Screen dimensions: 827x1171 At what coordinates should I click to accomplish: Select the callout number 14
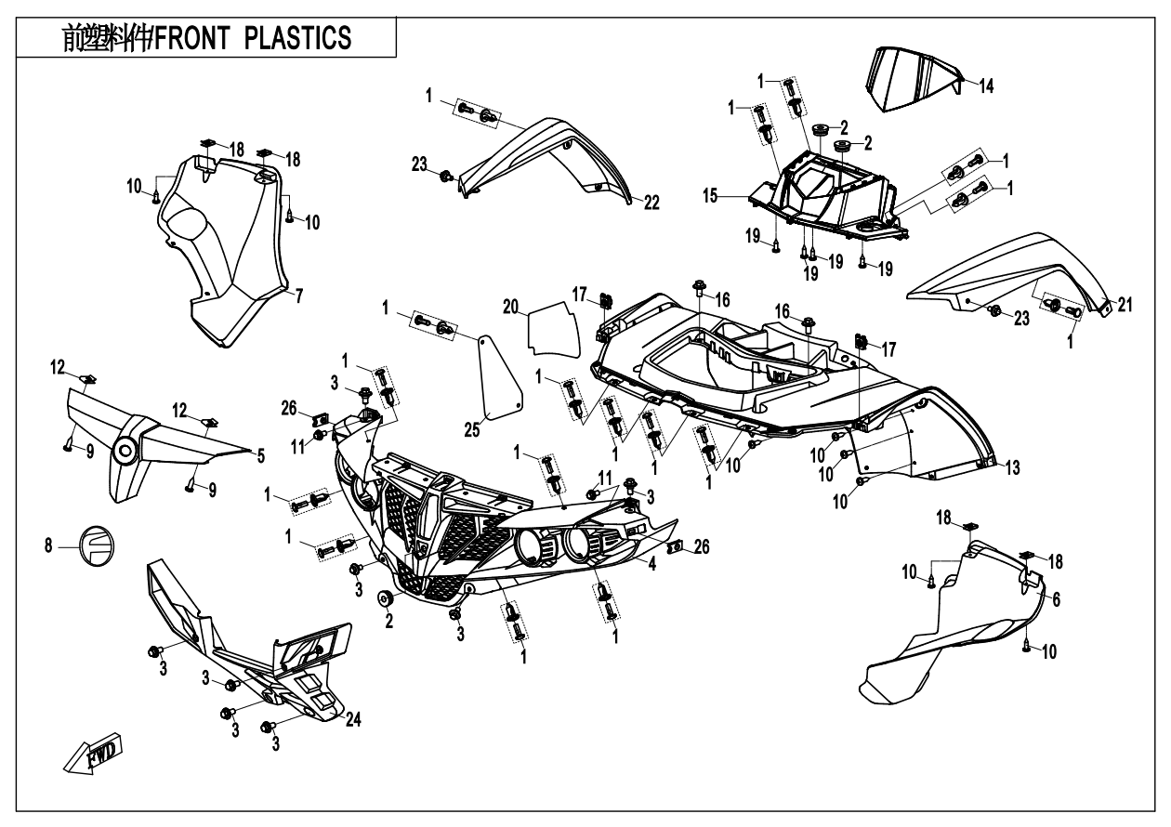click(x=986, y=85)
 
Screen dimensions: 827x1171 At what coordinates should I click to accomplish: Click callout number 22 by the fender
click(x=652, y=203)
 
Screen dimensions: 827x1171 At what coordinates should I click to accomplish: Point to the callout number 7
click(x=298, y=296)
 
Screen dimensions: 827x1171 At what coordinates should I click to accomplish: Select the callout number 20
click(x=509, y=306)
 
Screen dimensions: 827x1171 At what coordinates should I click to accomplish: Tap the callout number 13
click(x=1010, y=466)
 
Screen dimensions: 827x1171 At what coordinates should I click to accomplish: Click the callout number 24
click(x=352, y=718)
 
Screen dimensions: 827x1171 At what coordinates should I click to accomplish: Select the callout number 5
click(x=261, y=455)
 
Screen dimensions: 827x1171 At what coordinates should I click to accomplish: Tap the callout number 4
click(x=653, y=562)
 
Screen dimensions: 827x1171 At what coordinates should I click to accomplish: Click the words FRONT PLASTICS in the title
click(x=253, y=38)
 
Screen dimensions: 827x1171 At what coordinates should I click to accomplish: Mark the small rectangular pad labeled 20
click(x=552, y=326)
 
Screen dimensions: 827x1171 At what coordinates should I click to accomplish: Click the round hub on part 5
click(x=125, y=452)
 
